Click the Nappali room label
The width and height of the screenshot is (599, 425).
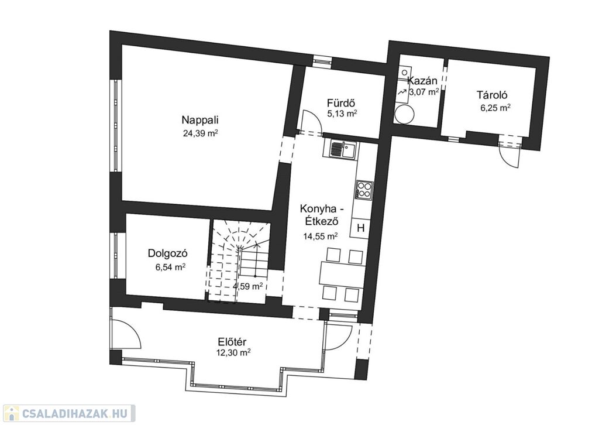[200, 120]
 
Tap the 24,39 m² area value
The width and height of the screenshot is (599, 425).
[201, 133]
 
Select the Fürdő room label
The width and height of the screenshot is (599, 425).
[342, 103]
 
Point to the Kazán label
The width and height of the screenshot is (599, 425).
[422, 81]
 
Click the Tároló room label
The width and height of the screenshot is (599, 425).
[492, 94]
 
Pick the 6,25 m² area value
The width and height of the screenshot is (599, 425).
[495, 108]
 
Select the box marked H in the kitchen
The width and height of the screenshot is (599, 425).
[360, 228]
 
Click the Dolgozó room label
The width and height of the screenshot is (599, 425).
[168, 253]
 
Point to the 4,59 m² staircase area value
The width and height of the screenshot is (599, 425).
[247, 286]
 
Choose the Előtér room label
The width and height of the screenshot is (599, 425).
[232, 341]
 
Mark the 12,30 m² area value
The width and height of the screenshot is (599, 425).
[233, 353]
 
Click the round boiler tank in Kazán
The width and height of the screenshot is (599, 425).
[405, 114]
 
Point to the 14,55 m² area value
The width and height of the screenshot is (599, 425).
[321, 236]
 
